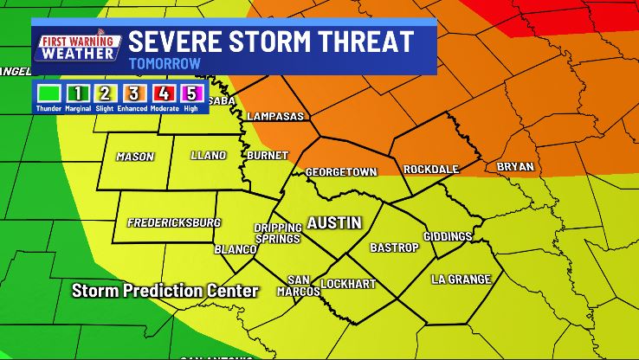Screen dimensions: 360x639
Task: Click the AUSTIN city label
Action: pyautogui.click(x=334, y=222)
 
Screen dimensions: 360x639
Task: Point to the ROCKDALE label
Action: pyautogui.click(x=431, y=169)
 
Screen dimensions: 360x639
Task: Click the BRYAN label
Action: pyautogui.click(x=515, y=166)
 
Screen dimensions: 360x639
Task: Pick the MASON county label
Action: pyautogui.click(x=135, y=157)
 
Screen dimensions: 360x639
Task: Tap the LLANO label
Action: pyautogui.click(x=209, y=156)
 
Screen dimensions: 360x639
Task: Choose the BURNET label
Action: pyautogui.click(x=261, y=156)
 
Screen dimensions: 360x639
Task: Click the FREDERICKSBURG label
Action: pyautogui.click(x=174, y=222)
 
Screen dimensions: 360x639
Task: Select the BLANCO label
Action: pyautogui.click(x=236, y=249)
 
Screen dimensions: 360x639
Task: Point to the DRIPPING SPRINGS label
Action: pyautogui.click(x=277, y=233)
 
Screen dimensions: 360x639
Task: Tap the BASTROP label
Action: pyautogui.click(x=394, y=247)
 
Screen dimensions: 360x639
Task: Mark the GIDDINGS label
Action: pyautogui.click(x=448, y=236)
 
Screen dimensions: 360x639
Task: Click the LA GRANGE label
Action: pyautogui.click(x=461, y=279)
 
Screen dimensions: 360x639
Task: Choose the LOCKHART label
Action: pyautogui.click(x=346, y=284)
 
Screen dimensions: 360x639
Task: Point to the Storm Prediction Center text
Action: pyautogui.click(x=165, y=291)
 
